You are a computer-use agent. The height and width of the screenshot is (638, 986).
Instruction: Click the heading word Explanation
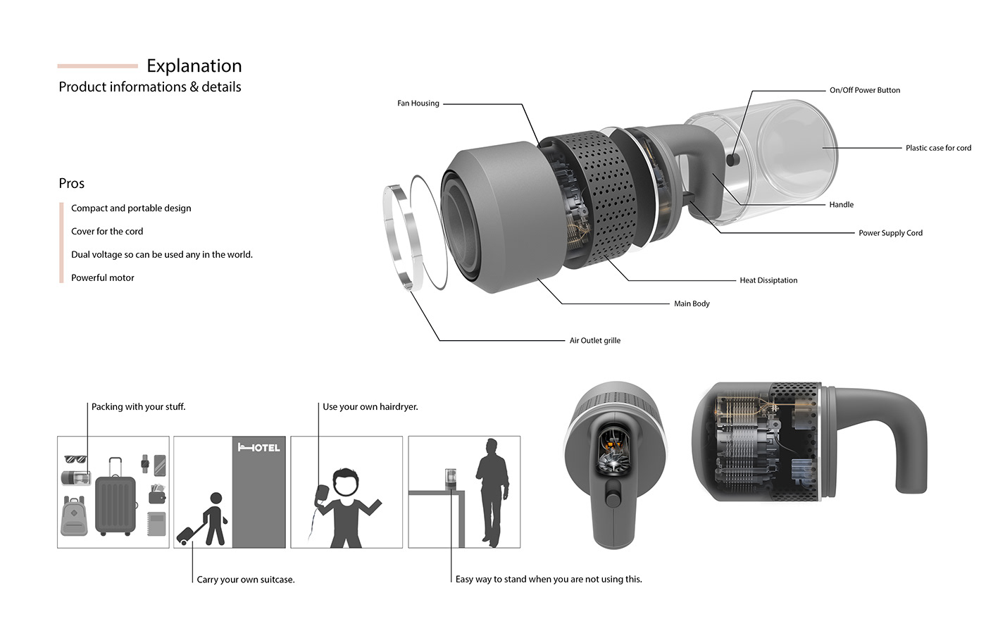click(x=194, y=66)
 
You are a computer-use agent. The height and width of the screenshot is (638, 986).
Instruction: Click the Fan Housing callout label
click(x=418, y=104)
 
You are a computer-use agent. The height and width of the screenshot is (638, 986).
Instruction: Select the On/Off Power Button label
click(x=865, y=90)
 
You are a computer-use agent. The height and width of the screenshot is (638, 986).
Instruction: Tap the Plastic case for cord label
click(x=938, y=148)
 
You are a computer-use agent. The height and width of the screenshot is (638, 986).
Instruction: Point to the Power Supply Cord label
click(x=890, y=233)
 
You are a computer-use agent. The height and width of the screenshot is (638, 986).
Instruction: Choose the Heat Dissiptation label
click(x=768, y=280)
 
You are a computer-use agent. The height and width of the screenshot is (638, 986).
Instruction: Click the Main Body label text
click(x=692, y=304)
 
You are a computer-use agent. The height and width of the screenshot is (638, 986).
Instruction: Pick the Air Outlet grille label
click(x=595, y=341)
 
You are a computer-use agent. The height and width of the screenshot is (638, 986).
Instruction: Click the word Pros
click(x=72, y=184)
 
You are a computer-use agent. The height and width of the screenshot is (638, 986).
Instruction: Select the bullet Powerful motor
click(x=103, y=278)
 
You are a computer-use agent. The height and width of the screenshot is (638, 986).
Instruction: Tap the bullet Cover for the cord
click(x=107, y=232)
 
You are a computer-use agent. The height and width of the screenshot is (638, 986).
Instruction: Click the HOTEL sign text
click(x=259, y=448)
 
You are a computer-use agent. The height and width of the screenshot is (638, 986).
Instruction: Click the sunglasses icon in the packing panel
click(x=76, y=460)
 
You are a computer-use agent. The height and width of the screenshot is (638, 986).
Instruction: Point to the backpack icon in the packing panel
click(x=74, y=516)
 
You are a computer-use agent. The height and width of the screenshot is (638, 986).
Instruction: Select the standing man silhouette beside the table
click(x=492, y=489)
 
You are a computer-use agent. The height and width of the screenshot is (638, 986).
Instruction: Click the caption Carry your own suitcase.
click(x=246, y=580)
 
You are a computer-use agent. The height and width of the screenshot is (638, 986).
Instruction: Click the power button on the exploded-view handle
click(x=732, y=161)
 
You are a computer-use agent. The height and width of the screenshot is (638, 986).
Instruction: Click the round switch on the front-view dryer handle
click(x=613, y=501)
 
